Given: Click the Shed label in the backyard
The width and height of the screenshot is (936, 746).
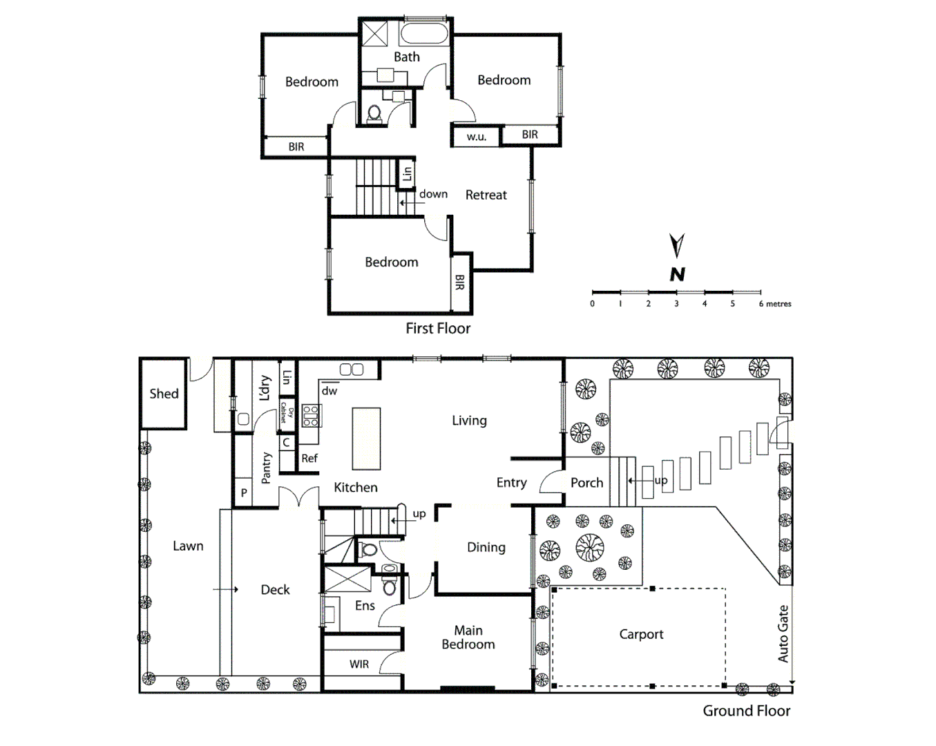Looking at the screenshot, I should [164, 394].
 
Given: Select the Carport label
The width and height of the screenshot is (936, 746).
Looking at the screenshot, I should [641, 634].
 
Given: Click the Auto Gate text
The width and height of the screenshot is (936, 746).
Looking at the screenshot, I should [783, 633].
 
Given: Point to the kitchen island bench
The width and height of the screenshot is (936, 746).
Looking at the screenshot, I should [366, 439].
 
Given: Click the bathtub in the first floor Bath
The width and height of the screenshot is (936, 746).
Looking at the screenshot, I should [425, 34].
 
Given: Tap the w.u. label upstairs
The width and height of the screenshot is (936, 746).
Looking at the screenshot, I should [476, 137].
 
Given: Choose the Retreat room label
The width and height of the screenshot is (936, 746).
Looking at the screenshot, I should [486, 195].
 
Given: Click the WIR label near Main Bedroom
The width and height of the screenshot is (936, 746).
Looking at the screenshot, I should [359, 664].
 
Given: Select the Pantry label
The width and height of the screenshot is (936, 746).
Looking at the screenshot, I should [267, 468].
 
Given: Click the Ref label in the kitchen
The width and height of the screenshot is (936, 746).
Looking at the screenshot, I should [309, 458].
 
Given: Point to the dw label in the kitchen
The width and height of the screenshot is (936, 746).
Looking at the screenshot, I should [329, 391].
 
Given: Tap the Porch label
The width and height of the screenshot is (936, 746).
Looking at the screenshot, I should [586, 483].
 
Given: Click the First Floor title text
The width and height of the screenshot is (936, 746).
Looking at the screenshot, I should [438, 329].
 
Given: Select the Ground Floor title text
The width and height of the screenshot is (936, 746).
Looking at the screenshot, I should [746, 711].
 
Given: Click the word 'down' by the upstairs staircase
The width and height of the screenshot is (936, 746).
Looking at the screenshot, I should [433, 194].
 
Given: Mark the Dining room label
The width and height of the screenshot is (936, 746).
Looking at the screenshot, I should [486, 547].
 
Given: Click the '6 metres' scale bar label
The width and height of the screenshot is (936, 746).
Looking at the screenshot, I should [775, 304].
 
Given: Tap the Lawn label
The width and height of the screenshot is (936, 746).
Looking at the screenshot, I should [188, 546].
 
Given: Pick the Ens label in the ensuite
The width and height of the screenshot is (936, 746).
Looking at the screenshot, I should [365, 606].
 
